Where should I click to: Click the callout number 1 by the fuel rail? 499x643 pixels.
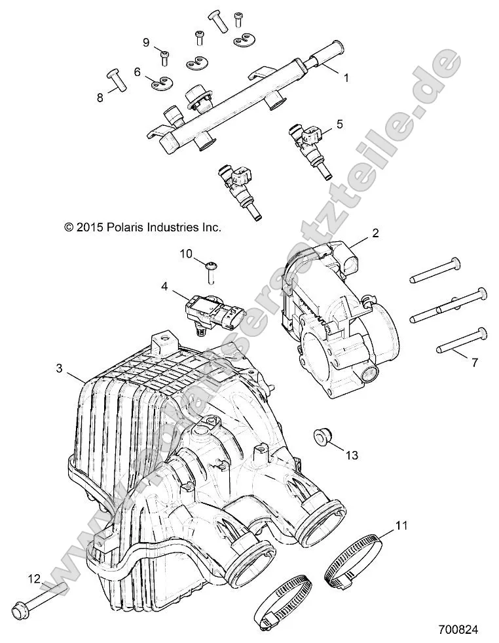click(x=346, y=77)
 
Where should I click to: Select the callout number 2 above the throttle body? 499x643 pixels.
click(x=375, y=233)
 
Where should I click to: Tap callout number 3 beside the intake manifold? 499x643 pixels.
click(x=59, y=369)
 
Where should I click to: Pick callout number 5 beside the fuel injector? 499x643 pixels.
click(x=339, y=123)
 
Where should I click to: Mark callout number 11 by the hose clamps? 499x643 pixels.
click(x=401, y=524)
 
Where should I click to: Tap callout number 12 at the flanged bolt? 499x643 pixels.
click(x=33, y=578)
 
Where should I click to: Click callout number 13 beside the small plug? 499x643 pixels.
click(x=352, y=455)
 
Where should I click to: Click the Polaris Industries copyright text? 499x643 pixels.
click(x=143, y=227)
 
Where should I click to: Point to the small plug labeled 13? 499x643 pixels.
click(x=321, y=437)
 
